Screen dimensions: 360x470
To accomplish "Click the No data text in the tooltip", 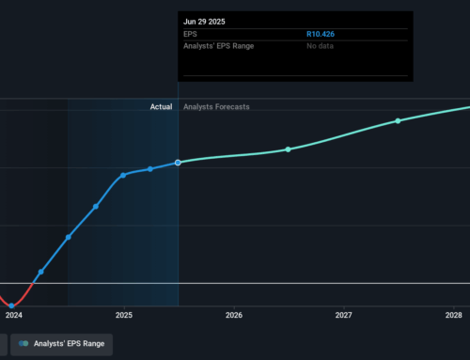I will click(x=322, y=46).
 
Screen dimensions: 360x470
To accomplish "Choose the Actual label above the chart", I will click(x=161, y=108).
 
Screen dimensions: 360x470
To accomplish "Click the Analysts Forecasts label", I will click(x=217, y=108).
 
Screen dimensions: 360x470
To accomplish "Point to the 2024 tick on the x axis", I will click(x=14, y=316).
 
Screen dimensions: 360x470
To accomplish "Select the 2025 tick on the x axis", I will click(x=124, y=316).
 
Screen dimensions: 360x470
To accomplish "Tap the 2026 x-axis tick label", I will click(x=234, y=316).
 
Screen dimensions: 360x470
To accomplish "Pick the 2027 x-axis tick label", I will click(x=344, y=316).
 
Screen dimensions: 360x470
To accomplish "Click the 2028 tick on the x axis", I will click(x=454, y=316).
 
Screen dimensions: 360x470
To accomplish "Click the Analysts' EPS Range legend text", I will click(x=69, y=344).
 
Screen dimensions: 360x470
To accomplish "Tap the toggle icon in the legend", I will click(x=20, y=344).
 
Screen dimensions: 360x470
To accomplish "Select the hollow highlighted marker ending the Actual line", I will click(x=178, y=163).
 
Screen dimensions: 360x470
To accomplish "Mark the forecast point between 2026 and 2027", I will click(x=289, y=149).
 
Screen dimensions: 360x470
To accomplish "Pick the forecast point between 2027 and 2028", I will click(x=398, y=121).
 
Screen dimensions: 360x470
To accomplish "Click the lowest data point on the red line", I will click(x=12, y=305).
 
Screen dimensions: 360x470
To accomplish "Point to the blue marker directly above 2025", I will click(x=123, y=175).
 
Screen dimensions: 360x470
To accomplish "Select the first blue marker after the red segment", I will click(x=40, y=273).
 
